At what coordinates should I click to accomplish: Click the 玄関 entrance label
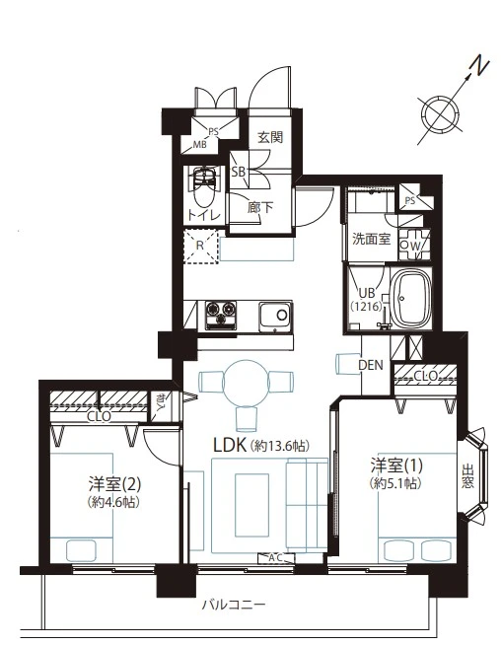270,137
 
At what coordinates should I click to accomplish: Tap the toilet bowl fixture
203,187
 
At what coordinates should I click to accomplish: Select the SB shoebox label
238,172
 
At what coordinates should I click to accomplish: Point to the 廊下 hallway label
260,207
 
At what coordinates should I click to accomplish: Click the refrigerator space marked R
200,246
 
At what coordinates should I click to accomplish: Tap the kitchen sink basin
275,316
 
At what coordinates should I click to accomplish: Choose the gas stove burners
221,315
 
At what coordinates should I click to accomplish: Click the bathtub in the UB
410,298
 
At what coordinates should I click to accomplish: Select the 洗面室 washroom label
371,239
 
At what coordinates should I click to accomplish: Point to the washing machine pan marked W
414,245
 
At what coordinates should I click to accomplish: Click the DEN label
370,365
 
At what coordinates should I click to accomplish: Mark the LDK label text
230,445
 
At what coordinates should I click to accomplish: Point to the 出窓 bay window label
467,476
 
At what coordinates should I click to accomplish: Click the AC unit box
276,558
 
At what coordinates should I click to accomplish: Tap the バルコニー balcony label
233,606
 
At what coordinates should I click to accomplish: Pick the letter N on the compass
479,68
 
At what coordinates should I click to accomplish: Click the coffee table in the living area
251,505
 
